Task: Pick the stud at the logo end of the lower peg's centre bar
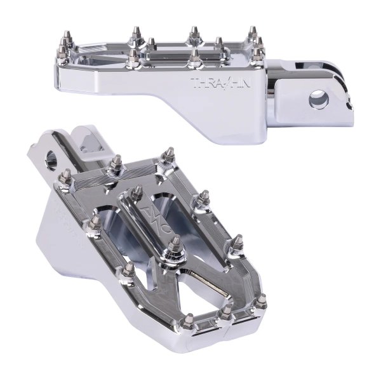(137, 192)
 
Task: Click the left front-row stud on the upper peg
(133, 58)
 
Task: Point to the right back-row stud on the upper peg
(253, 32)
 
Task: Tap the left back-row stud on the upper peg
(135, 34)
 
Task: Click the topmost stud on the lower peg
(169, 155)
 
